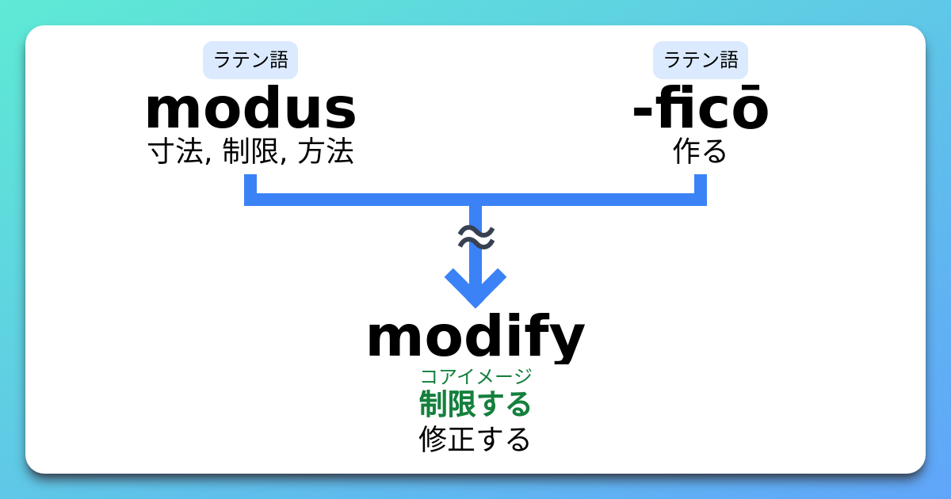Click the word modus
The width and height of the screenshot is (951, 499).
[x=250, y=108]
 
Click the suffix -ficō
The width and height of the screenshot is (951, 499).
[x=701, y=108]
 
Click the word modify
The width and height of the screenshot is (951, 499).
[x=475, y=337]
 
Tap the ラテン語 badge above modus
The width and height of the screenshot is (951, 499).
[x=250, y=60]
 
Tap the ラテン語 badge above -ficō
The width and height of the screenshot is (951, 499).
[x=701, y=60]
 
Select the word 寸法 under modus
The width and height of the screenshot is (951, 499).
[x=176, y=151]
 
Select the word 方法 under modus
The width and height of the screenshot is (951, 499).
[x=326, y=151]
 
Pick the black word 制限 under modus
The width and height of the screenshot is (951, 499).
[x=250, y=151]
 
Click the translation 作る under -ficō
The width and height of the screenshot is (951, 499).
[x=701, y=151]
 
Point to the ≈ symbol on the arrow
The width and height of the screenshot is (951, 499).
[x=476, y=237]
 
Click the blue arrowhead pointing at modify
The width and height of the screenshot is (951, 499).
[x=475, y=288]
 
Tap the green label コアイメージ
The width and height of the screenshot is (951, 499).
[x=475, y=376]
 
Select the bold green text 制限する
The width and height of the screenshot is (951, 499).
[x=475, y=404]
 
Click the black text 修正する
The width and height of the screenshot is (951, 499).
[x=475, y=439]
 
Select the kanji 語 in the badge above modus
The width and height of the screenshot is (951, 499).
[x=279, y=60]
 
